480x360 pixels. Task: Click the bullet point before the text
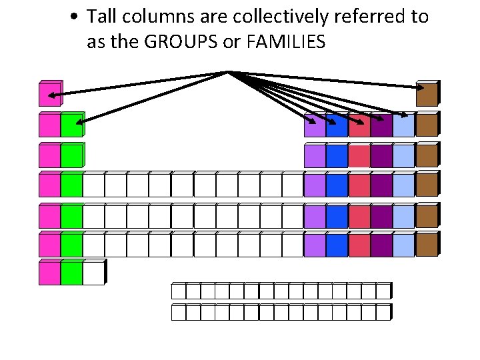pyautogui.click(x=77, y=17)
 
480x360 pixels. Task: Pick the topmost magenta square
pyautogui.click(x=50, y=95)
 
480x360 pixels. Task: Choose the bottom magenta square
pyautogui.click(x=49, y=273)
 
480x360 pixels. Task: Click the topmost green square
pyautogui.click(x=71, y=125)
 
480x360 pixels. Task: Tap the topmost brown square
pyautogui.click(x=427, y=95)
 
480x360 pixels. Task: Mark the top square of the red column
pyautogui.click(x=359, y=125)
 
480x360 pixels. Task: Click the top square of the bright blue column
pyautogui.click(x=337, y=125)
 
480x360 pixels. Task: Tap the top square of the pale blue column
pyautogui.click(x=403, y=125)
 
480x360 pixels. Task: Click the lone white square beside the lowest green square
pyautogui.click(x=94, y=273)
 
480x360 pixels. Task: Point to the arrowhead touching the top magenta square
pyautogui.click(x=53, y=97)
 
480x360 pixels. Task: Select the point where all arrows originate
pyautogui.click(x=229, y=71)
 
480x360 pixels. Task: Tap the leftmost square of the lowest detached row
pyautogui.click(x=178, y=312)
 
